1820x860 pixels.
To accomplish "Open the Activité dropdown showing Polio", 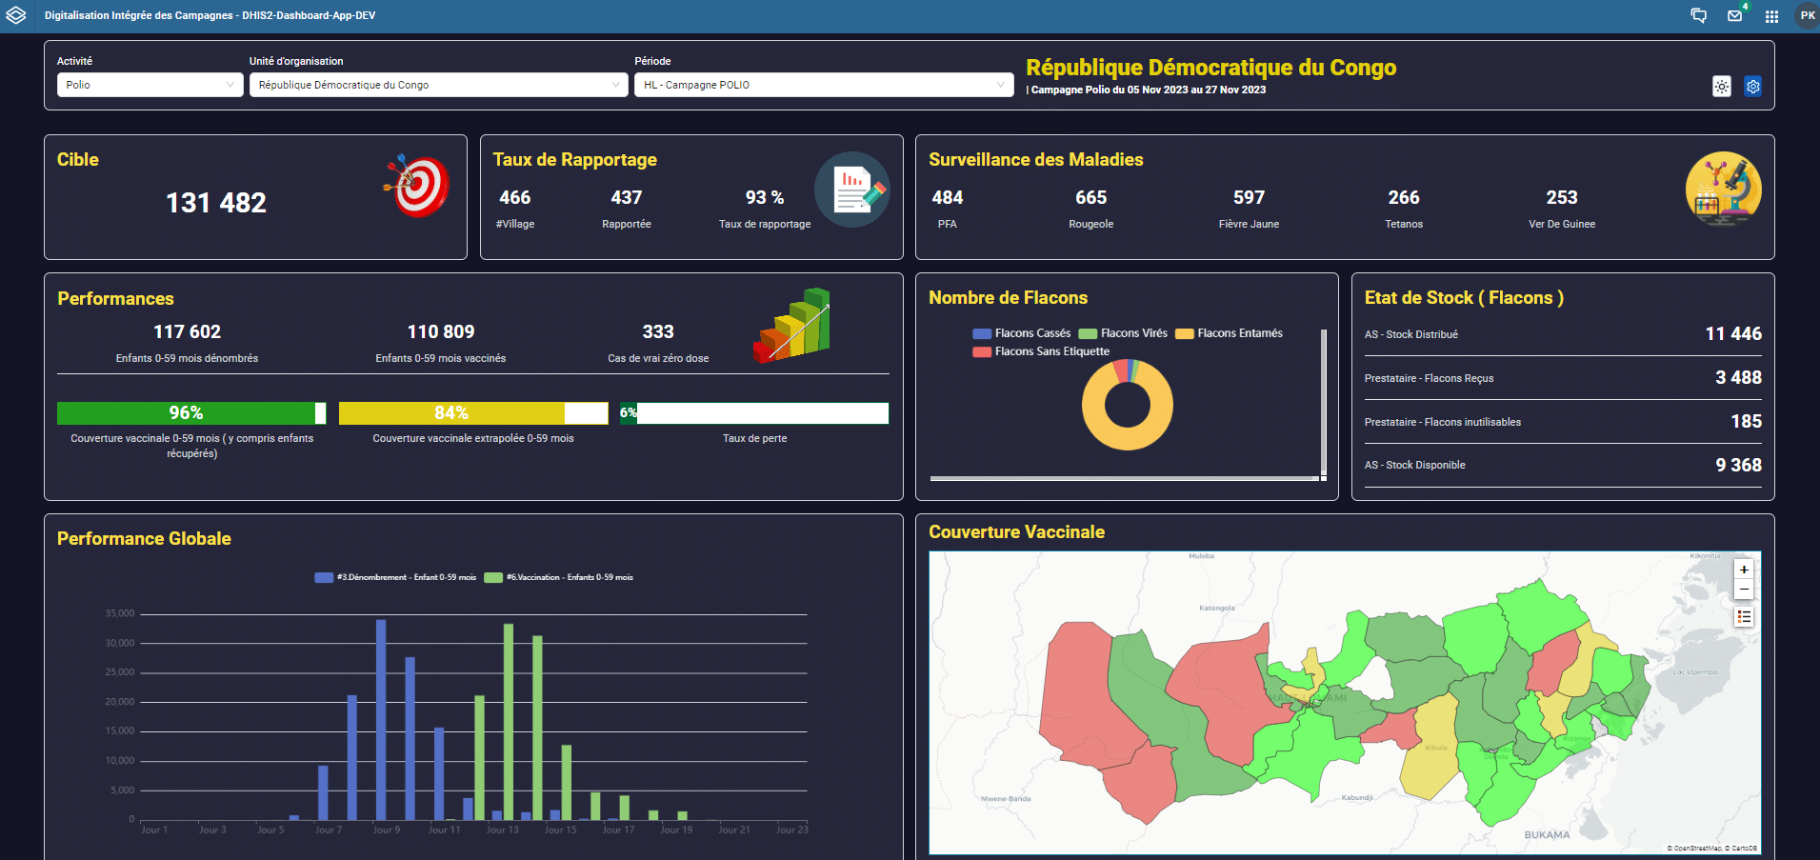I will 150,85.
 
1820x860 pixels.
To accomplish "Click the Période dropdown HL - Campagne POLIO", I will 824,85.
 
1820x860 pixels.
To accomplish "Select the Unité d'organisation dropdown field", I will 438,85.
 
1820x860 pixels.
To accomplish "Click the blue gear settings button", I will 1752,87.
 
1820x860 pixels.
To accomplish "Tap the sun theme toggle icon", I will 1721,87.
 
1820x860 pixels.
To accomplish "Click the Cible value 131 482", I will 216,203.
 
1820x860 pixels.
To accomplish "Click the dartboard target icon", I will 417,185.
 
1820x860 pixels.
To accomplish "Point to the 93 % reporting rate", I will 764,197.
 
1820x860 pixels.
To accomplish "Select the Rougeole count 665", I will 1090,197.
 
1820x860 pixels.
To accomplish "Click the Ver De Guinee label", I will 1561,224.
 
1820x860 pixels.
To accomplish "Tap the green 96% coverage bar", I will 187,412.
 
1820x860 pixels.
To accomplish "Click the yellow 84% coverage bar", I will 451,412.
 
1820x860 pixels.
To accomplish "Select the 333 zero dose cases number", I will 657,331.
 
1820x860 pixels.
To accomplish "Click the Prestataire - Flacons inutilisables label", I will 1442,422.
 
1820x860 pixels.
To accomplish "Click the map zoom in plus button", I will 1744,570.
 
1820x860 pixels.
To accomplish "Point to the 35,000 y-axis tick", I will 120,613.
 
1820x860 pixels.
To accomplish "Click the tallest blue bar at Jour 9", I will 381,719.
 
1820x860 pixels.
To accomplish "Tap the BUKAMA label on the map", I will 1547,835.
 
